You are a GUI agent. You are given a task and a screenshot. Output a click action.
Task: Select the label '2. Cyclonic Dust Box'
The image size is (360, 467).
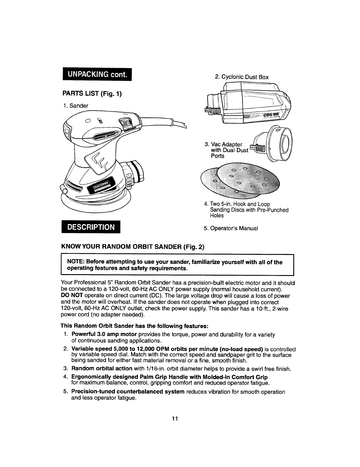(242, 77)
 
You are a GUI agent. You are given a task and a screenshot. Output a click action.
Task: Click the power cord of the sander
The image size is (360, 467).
(165, 121)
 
